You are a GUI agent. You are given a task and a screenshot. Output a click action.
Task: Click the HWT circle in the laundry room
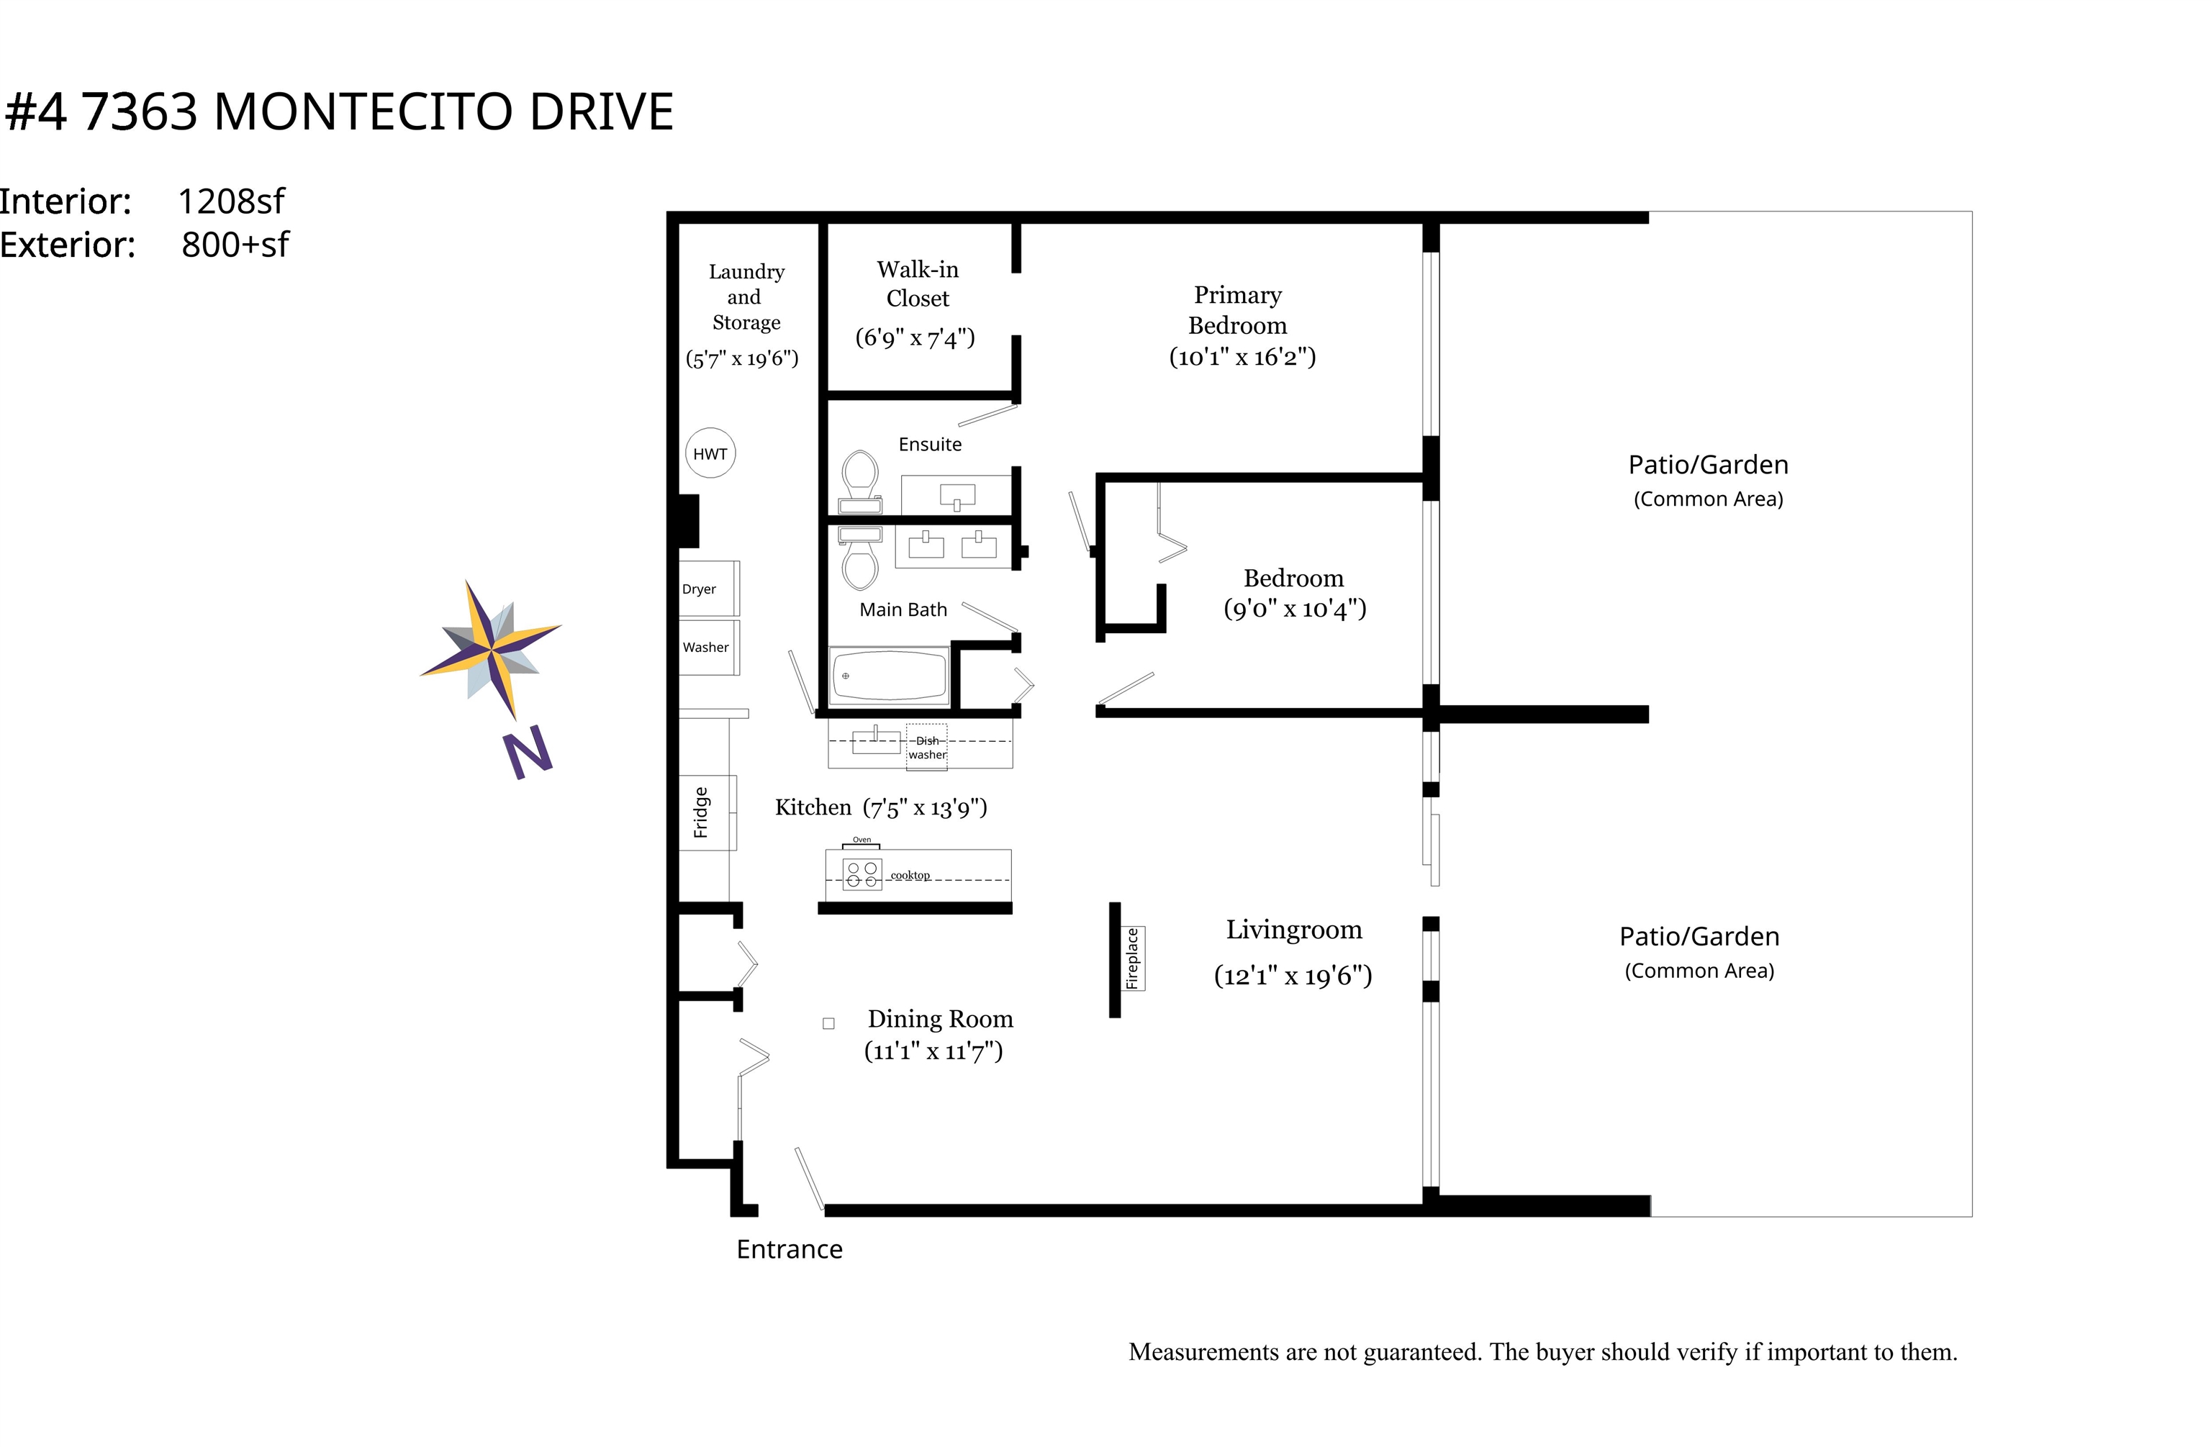coord(710,453)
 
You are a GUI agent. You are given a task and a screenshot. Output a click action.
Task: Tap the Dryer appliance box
coord(709,588)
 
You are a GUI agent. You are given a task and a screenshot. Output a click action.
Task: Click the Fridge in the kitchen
coord(707,812)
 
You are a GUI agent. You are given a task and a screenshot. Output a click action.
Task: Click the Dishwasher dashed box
coord(927,747)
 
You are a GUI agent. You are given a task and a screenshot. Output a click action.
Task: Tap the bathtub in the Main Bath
coord(889,675)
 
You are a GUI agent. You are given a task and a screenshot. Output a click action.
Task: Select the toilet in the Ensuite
coord(860,478)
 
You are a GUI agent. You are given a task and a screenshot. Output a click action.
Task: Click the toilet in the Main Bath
coord(860,560)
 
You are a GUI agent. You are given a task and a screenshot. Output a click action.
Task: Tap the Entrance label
coord(789,1249)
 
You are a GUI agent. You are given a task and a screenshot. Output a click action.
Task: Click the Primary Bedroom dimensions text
coord(1242,358)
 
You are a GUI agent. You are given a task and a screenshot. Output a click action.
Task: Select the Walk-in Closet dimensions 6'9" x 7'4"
coord(915,337)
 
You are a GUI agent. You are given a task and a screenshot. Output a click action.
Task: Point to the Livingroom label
coord(1293,930)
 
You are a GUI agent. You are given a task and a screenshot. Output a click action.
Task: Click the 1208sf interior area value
coord(230,201)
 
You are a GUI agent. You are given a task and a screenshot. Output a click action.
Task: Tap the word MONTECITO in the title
coord(363,112)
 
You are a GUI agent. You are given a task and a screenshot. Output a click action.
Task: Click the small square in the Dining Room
coord(828,1023)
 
